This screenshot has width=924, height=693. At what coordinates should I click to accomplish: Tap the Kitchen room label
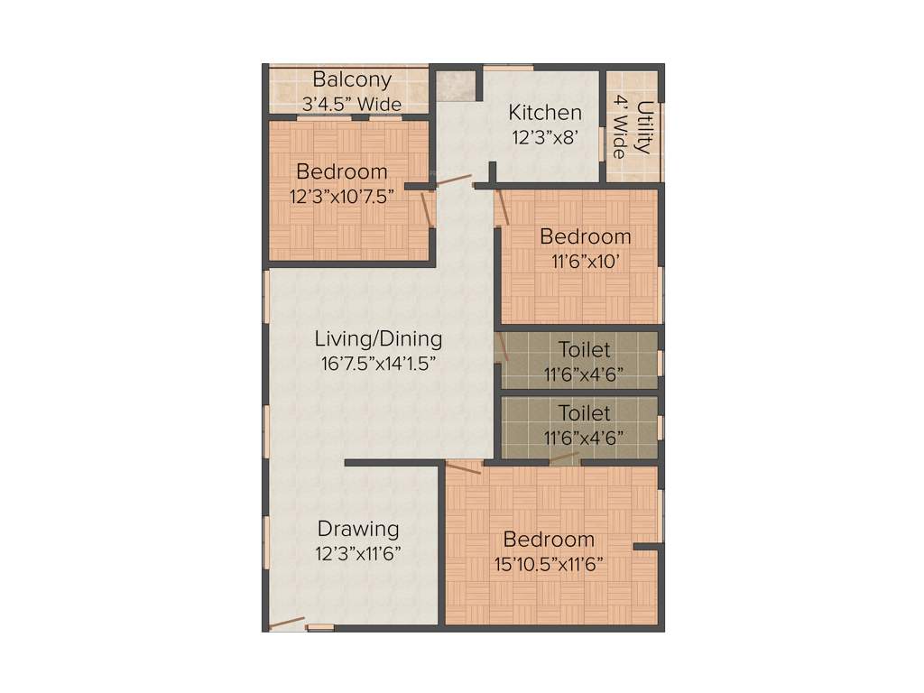point(545,113)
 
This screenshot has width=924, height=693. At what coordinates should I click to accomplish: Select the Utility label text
point(643,127)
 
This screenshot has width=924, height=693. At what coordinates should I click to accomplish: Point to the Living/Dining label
point(378,339)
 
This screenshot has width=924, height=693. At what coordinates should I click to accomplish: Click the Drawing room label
point(358,529)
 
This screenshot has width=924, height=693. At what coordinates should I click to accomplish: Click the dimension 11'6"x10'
point(585,262)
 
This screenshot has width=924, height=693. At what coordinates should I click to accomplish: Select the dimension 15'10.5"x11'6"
point(549,565)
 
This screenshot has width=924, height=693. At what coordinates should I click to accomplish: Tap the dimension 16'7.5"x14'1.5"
point(378,364)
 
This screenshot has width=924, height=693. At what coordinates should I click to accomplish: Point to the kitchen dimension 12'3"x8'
point(544,137)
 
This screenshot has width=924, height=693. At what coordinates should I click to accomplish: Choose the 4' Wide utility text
point(620,127)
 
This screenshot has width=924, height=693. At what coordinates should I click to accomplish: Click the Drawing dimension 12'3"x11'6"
point(358,553)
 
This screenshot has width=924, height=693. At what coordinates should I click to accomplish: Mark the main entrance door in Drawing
point(286,623)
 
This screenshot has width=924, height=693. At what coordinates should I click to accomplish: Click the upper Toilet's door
point(502,347)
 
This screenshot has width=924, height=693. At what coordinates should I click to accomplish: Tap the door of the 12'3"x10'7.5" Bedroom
point(425,208)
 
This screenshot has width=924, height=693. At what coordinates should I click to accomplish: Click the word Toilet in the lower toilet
point(584,413)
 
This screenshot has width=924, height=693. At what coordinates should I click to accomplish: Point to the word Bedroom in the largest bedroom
point(549,540)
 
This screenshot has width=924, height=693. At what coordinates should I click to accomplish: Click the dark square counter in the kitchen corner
point(456,85)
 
